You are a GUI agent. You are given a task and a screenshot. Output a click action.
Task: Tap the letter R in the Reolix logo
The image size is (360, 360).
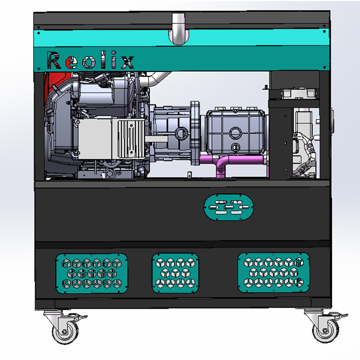(x=54, y=60)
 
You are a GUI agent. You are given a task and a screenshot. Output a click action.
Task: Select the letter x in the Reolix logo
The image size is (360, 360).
(x=127, y=62)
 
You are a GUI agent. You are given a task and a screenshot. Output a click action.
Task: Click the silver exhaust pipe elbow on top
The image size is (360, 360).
(x=179, y=29)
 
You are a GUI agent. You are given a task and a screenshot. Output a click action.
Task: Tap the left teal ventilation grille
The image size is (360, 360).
(x=91, y=273)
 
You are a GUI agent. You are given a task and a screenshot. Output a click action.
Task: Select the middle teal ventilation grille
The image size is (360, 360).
(x=175, y=273)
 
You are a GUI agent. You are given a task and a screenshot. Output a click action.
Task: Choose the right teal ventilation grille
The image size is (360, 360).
(x=274, y=273)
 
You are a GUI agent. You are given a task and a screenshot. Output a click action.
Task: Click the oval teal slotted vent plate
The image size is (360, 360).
(x=229, y=207)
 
